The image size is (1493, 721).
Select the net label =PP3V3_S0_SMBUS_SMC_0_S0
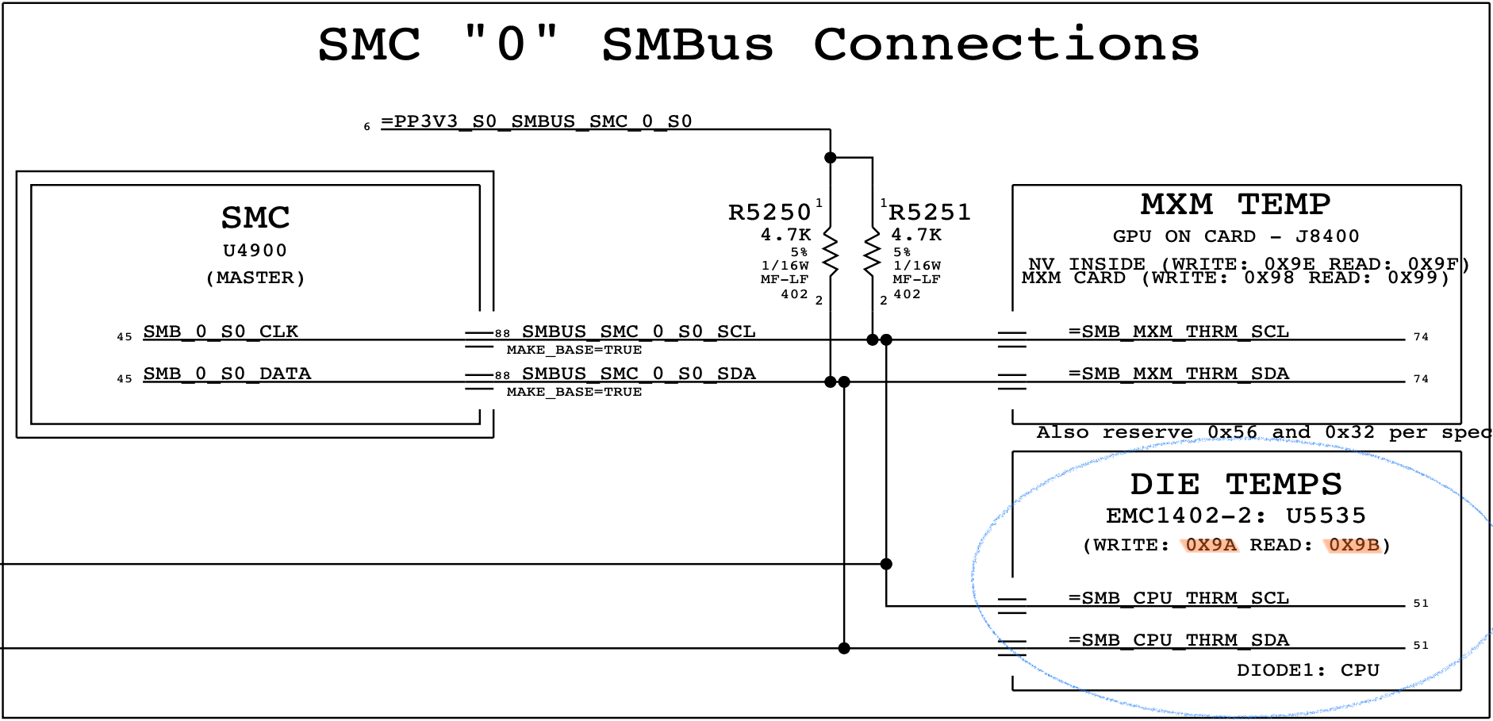(536, 122)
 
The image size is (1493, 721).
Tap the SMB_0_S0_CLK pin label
(221, 332)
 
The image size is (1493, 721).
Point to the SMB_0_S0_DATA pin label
(227, 374)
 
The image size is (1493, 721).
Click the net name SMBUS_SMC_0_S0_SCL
(639, 332)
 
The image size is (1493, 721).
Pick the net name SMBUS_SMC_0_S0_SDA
(639, 374)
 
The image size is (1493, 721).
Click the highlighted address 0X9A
(1211, 545)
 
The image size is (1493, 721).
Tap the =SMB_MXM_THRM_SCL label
(1179, 332)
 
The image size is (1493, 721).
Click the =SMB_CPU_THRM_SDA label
(1179, 640)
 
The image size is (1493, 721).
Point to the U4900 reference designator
(255, 251)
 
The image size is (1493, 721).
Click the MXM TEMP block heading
(1235, 205)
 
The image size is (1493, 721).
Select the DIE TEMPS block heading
(1235, 484)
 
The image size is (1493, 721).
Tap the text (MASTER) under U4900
(255, 278)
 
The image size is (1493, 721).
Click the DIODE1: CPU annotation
(1307, 670)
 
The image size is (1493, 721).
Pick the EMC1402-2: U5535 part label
(1235, 516)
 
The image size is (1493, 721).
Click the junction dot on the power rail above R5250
(831, 158)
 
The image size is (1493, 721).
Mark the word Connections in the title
(1006, 44)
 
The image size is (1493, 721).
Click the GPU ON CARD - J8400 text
(1235, 236)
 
